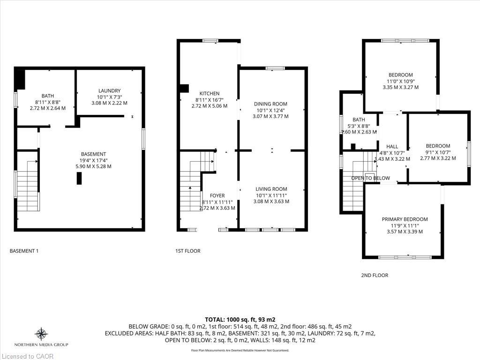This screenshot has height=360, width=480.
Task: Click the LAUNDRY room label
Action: point(110,90)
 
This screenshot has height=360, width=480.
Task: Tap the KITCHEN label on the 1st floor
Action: point(209,94)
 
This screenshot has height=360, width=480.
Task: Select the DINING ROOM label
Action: point(270,104)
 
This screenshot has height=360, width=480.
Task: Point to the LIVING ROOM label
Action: point(270,189)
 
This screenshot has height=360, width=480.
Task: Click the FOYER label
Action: point(217,195)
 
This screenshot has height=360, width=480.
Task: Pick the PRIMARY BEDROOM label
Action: point(405,219)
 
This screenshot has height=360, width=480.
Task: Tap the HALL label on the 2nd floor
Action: point(392,147)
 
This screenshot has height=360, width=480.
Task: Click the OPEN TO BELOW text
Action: point(370,178)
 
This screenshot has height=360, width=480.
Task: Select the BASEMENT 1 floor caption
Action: point(24,251)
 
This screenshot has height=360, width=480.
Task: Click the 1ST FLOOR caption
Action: point(188,251)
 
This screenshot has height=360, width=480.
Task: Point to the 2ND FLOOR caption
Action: point(375,276)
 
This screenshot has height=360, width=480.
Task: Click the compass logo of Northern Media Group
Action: point(41,334)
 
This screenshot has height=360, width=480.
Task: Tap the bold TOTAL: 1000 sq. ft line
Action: point(240,319)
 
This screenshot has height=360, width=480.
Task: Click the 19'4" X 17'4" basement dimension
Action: point(93,160)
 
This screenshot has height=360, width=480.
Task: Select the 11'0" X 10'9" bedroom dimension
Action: point(400,81)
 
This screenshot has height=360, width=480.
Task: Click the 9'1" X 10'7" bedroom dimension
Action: point(438,152)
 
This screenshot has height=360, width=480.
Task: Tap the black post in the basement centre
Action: point(79,178)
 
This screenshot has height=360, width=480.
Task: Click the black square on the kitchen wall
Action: point(184,88)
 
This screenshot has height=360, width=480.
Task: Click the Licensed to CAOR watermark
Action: point(27,356)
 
